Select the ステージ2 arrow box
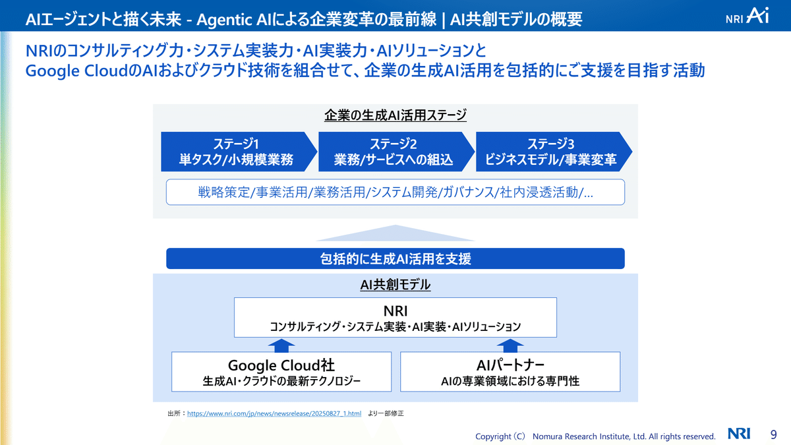point(394,152)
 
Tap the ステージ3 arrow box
point(551,152)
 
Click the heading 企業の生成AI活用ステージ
point(395,115)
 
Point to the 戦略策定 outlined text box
point(395,193)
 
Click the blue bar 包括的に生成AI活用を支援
point(395,258)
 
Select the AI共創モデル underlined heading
point(395,285)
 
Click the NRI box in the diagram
point(395,317)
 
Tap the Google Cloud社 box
point(281,372)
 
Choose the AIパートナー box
point(510,372)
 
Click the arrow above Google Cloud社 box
point(281,345)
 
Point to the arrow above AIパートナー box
point(510,345)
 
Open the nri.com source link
point(274,413)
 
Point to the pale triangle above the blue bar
point(395,234)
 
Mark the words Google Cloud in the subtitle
point(72,71)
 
